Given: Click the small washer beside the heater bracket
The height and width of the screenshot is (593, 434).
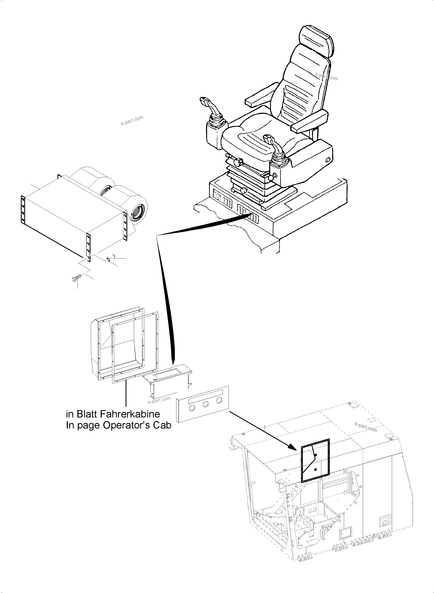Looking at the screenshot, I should [x=108, y=259].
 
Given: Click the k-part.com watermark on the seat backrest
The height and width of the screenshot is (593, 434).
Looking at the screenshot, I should [x=327, y=77].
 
